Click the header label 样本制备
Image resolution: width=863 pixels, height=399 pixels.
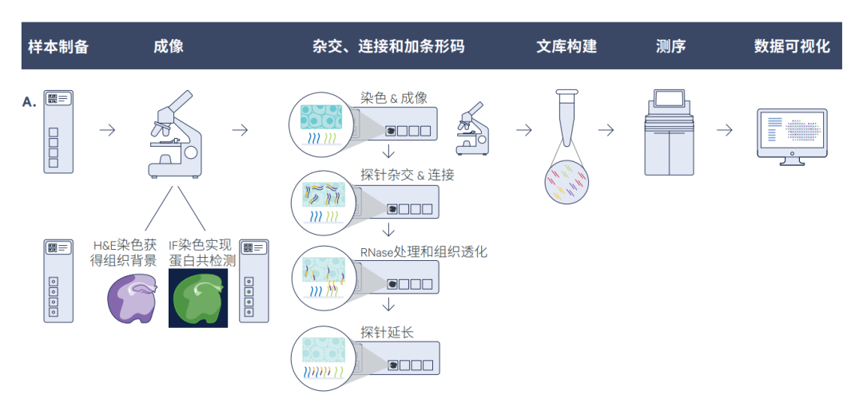58,46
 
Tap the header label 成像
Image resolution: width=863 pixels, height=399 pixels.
169,46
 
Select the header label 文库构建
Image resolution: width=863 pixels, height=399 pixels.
566,46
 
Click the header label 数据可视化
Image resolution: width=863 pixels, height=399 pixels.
792,46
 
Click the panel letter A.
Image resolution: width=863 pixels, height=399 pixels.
30,102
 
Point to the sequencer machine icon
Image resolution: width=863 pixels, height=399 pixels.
670,132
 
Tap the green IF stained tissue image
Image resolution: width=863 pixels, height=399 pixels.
198,298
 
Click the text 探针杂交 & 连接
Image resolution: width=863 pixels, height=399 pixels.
407,175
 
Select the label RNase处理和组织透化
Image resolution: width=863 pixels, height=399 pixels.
424,252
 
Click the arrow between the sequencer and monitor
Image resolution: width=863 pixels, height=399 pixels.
725,130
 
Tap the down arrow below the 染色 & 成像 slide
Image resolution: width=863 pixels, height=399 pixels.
388,152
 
